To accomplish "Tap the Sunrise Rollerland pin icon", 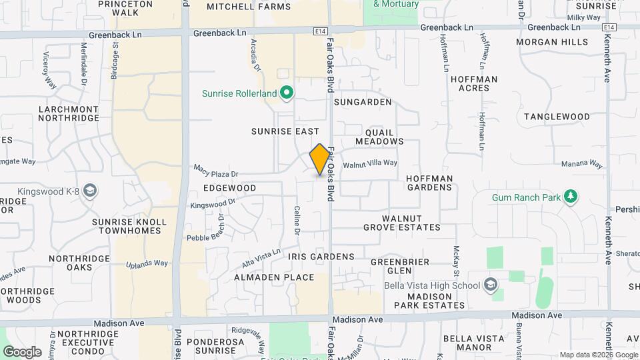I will (287, 93).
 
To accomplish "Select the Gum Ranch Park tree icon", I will (570, 197).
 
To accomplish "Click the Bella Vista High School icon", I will (491, 285).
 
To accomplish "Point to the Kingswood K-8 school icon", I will (91, 192).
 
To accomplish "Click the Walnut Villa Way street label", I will (370, 163).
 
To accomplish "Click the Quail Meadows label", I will (379, 136).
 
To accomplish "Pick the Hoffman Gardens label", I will (430, 183).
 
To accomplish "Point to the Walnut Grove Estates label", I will (402, 223).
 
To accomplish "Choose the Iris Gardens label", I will (321, 257).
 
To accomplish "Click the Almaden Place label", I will (274, 277).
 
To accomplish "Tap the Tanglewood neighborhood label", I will (557, 117).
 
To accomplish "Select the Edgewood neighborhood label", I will (230, 188).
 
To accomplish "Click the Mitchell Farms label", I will (239, 7).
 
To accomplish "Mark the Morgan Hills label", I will (553, 42).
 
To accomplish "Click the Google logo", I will (22, 351).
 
